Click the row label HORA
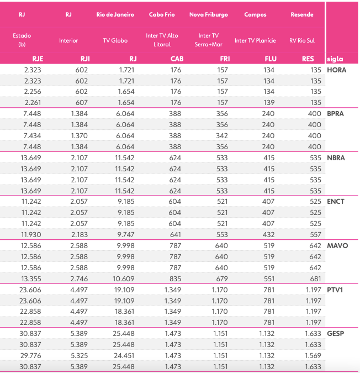[x=336, y=70]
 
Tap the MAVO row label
[x=337, y=245]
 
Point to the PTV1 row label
[x=336, y=290]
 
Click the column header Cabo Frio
[x=162, y=14]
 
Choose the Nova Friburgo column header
[x=208, y=14]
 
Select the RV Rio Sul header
[x=301, y=40]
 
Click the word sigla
[x=335, y=59]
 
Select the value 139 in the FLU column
[x=268, y=103]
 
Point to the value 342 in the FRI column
[x=221, y=136]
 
